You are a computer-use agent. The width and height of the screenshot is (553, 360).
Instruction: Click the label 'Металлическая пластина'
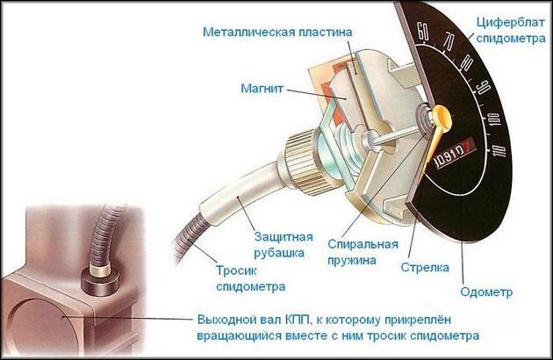[277, 32]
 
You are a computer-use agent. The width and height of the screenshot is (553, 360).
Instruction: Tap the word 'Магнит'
[262, 88]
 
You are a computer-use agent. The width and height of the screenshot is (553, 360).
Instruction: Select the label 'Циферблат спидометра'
[511, 31]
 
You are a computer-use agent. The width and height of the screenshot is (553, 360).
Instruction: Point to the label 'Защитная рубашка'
[284, 245]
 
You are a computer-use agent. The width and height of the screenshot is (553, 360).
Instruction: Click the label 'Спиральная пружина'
[363, 252]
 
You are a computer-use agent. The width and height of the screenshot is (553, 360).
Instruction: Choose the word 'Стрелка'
[425, 268]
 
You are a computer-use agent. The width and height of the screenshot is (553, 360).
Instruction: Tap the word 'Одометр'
[486, 292]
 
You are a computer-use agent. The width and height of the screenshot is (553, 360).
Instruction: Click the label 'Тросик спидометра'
[251, 278]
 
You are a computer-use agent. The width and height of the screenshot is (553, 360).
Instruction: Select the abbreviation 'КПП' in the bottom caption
[298, 320]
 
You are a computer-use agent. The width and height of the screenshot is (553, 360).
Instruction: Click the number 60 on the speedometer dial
[423, 32]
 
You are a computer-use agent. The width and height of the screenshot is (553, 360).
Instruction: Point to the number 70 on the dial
[449, 41]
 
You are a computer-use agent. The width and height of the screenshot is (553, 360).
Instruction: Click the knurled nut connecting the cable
[301, 158]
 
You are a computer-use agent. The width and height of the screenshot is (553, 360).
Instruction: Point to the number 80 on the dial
[467, 63]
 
